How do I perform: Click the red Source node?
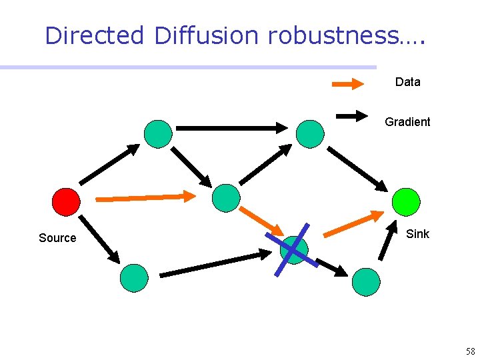[66, 201]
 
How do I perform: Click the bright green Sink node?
[405, 201]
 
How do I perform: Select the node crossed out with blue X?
[293, 249]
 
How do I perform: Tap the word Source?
[57, 238]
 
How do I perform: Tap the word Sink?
[417, 234]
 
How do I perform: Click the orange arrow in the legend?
[348, 84]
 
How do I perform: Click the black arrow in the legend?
[360, 116]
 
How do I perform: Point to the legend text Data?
[407, 82]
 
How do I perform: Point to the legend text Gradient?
[407, 122]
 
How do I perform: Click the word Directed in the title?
[94, 35]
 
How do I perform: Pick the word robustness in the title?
[332, 35]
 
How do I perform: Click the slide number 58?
[470, 351]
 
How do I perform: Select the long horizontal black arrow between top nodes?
[231, 127]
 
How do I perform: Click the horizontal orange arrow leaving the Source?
[146, 197]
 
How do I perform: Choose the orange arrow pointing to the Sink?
[353, 225]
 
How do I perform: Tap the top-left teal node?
[158, 133]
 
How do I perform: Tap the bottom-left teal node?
[134, 277]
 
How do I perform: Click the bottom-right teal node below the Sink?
[366, 281]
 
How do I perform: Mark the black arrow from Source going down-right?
[99, 239]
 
